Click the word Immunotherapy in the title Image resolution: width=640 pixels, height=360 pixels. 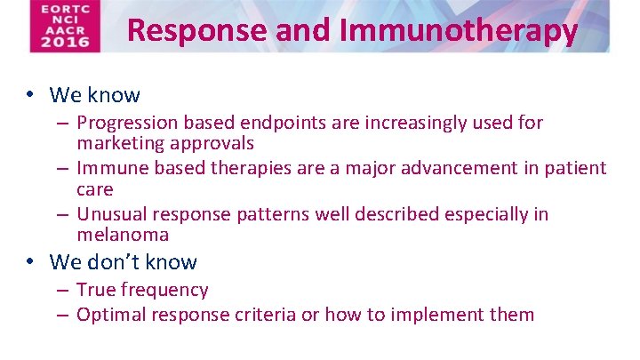[x=459, y=31]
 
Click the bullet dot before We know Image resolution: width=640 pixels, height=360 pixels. [x=30, y=95]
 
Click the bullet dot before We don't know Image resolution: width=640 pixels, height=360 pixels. [x=30, y=262]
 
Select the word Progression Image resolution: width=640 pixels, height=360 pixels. [x=126, y=123]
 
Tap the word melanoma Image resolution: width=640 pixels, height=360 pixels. [x=123, y=236]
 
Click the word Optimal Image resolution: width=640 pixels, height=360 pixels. [x=112, y=314]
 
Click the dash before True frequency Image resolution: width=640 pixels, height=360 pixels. [x=64, y=290]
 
